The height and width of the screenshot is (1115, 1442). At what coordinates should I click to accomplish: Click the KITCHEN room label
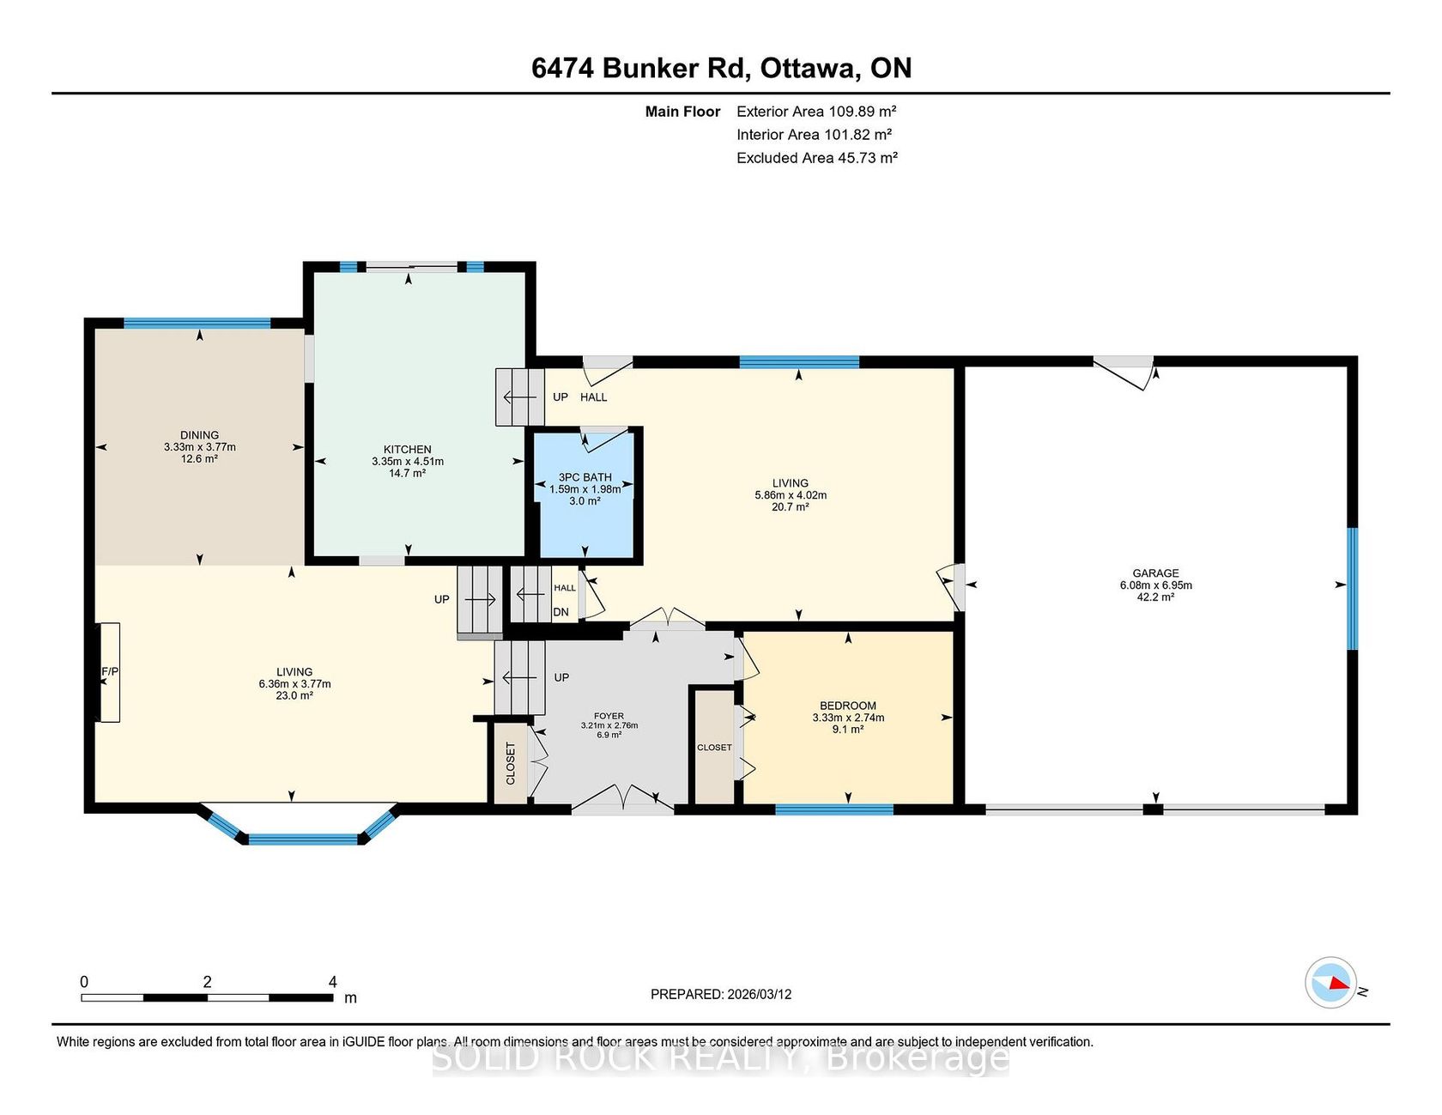tap(408, 449)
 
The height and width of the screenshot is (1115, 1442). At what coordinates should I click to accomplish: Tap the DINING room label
tap(199, 435)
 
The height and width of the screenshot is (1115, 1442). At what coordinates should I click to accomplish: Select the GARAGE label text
tap(1155, 573)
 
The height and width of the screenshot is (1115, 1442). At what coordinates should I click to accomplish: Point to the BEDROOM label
tap(848, 706)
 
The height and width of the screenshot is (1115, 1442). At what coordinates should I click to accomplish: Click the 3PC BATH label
tap(585, 477)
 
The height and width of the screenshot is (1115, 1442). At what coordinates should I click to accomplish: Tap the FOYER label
tap(609, 716)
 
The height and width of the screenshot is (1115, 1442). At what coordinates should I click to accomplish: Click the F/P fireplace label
tap(110, 671)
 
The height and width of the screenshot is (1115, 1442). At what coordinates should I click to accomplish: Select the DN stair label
tap(560, 612)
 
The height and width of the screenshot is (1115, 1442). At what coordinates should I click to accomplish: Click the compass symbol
tap(1330, 983)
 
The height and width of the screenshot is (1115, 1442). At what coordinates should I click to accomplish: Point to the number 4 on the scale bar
tap(332, 982)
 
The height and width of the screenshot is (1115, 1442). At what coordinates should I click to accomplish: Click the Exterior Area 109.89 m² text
tap(816, 111)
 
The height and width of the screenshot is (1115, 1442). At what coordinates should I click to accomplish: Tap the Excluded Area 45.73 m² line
tap(817, 157)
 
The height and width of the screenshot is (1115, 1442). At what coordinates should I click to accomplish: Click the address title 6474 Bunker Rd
tap(639, 68)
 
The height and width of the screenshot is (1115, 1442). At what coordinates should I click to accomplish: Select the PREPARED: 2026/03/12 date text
tap(721, 994)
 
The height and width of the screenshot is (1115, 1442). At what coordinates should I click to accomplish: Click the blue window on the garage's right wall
tap(1352, 589)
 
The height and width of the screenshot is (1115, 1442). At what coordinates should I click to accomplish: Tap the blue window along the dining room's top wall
tap(197, 324)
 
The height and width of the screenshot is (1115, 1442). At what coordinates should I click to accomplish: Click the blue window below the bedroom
tap(834, 809)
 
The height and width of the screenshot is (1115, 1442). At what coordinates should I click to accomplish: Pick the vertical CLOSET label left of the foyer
tap(511, 763)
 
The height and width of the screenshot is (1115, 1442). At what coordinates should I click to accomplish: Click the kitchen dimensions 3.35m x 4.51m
tap(408, 461)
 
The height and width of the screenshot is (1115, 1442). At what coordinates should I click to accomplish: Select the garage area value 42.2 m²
tap(1155, 597)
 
